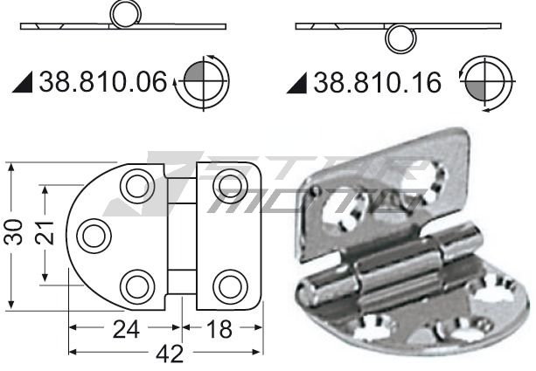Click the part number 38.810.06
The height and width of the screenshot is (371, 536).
pos(103,82)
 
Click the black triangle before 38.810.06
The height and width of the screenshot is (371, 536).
pos(24,84)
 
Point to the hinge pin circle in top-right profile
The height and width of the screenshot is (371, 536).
pos(401,38)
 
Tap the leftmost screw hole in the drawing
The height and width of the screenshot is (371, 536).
pos(92,234)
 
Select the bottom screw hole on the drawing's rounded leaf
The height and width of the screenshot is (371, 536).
pos(136,285)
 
